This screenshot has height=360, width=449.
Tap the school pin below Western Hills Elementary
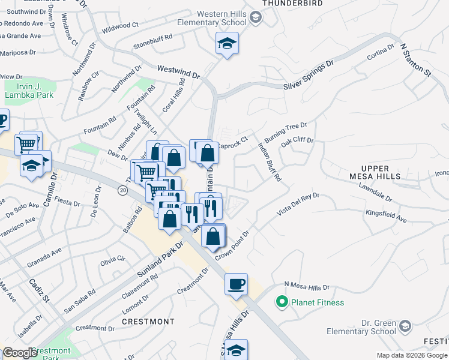(x=228, y=43)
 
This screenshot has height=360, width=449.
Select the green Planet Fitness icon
(x=280, y=302)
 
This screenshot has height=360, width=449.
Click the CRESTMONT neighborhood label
(x=148, y=322)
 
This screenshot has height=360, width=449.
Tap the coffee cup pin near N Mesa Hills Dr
(x=236, y=283)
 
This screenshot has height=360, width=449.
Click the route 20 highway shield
(x=122, y=190)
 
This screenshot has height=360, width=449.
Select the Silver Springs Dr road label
(x=309, y=76)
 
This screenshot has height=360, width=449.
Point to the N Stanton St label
(x=416, y=59)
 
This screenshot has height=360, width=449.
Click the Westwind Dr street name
(x=178, y=72)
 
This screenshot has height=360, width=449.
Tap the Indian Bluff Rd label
(x=269, y=162)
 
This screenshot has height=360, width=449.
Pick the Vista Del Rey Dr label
(x=298, y=205)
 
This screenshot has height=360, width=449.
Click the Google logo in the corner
(x=19, y=353)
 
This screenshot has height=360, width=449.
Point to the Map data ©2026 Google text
(x=412, y=355)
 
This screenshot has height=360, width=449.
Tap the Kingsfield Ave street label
(x=384, y=216)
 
